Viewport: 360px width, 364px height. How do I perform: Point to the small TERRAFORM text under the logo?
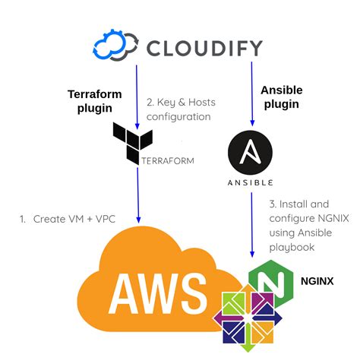coord(167,160)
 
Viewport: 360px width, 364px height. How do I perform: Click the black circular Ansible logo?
coord(251,154)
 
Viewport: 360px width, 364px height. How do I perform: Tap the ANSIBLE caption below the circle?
coord(251,183)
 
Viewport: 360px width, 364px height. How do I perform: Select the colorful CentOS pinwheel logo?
coord(247,319)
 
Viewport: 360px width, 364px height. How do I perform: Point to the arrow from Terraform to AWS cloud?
coord(137,194)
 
